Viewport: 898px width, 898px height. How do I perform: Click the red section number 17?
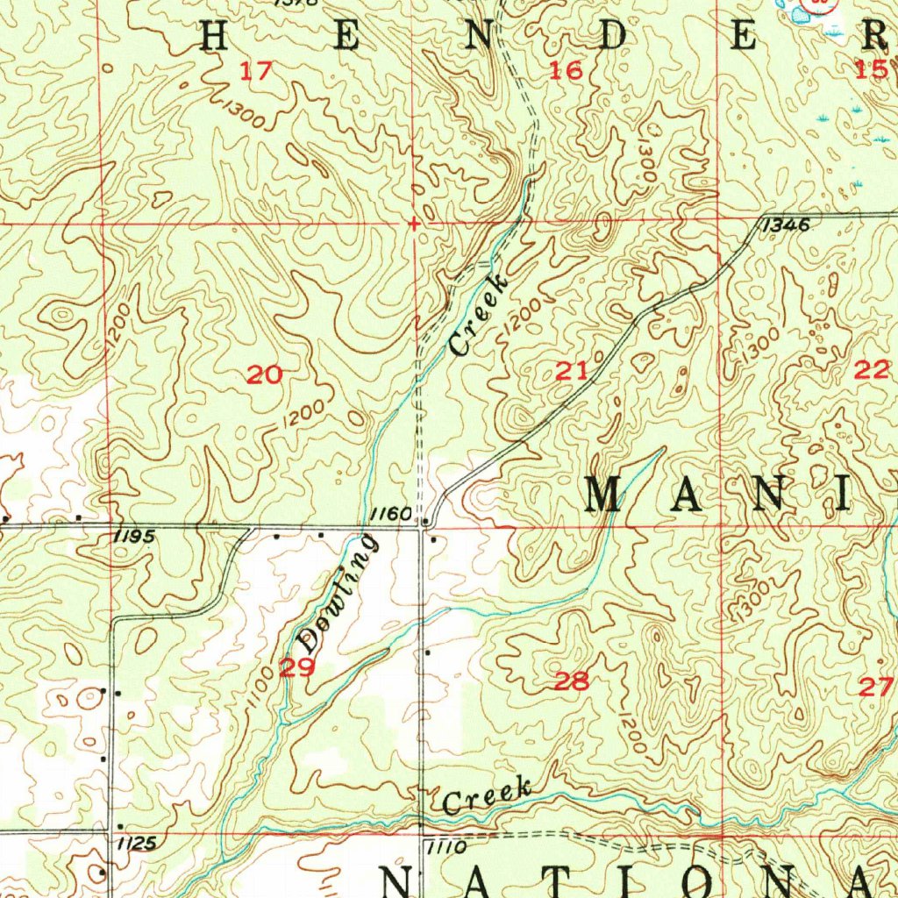tap(256, 71)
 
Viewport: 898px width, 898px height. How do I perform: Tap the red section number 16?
tap(566, 71)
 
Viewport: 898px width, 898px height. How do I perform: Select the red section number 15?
tap(871, 70)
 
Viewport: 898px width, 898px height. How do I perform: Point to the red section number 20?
tap(264, 375)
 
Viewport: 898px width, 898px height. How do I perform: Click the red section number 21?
tap(572, 371)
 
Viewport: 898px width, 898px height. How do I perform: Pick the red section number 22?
tap(872, 370)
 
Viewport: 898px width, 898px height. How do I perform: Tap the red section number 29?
tap(296, 668)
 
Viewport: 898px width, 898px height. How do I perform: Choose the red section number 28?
tap(571, 681)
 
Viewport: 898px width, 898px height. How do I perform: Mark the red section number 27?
tap(874, 687)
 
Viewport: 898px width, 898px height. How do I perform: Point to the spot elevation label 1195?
tap(134, 536)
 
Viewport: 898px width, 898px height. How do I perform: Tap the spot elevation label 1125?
tap(135, 843)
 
